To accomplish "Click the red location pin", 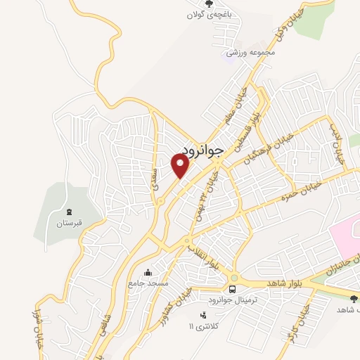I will [181, 165].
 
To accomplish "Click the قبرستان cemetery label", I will [70, 224].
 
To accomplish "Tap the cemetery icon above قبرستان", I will [69, 212].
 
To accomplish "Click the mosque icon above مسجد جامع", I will [148, 272].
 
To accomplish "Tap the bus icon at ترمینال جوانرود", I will [232, 288].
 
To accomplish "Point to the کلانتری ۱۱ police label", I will [205, 327].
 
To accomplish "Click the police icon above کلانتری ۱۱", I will [203, 315].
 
